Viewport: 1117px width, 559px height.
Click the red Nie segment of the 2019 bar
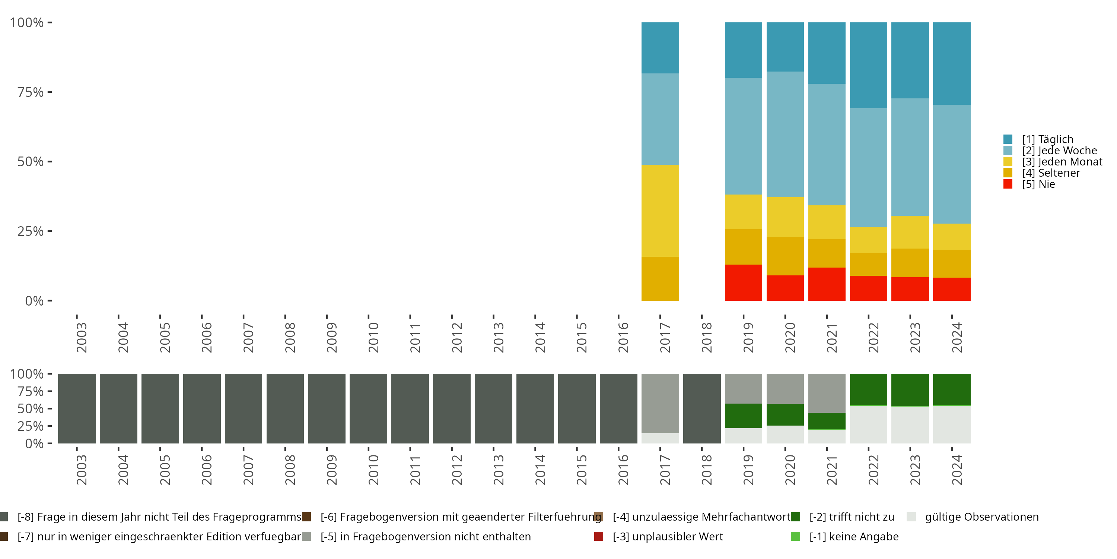(x=743, y=282)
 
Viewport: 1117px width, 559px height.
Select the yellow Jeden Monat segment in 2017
(x=660, y=211)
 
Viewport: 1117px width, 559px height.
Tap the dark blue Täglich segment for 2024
(x=951, y=63)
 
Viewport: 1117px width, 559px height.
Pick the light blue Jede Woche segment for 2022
(x=868, y=168)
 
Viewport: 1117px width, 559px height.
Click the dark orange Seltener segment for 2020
(x=785, y=256)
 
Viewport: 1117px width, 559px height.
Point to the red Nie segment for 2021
(x=827, y=284)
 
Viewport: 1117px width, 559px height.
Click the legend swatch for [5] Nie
(x=1008, y=184)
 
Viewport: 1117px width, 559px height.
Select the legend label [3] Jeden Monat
(x=1062, y=162)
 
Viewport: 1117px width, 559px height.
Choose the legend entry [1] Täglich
(x=1047, y=139)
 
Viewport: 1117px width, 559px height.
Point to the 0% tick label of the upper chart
(x=34, y=301)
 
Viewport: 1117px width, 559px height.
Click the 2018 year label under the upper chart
(x=706, y=337)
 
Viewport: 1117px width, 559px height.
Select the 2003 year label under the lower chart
(x=82, y=470)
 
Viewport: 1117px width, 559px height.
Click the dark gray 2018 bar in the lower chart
(x=701, y=408)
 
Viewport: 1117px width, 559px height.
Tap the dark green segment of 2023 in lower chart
(x=910, y=390)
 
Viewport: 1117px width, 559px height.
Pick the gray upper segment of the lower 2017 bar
(x=660, y=403)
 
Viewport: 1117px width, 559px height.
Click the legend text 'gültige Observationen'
(x=982, y=517)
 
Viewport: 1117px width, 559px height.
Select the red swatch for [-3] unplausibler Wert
(x=599, y=536)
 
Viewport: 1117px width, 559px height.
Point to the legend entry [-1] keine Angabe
(x=854, y=536)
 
